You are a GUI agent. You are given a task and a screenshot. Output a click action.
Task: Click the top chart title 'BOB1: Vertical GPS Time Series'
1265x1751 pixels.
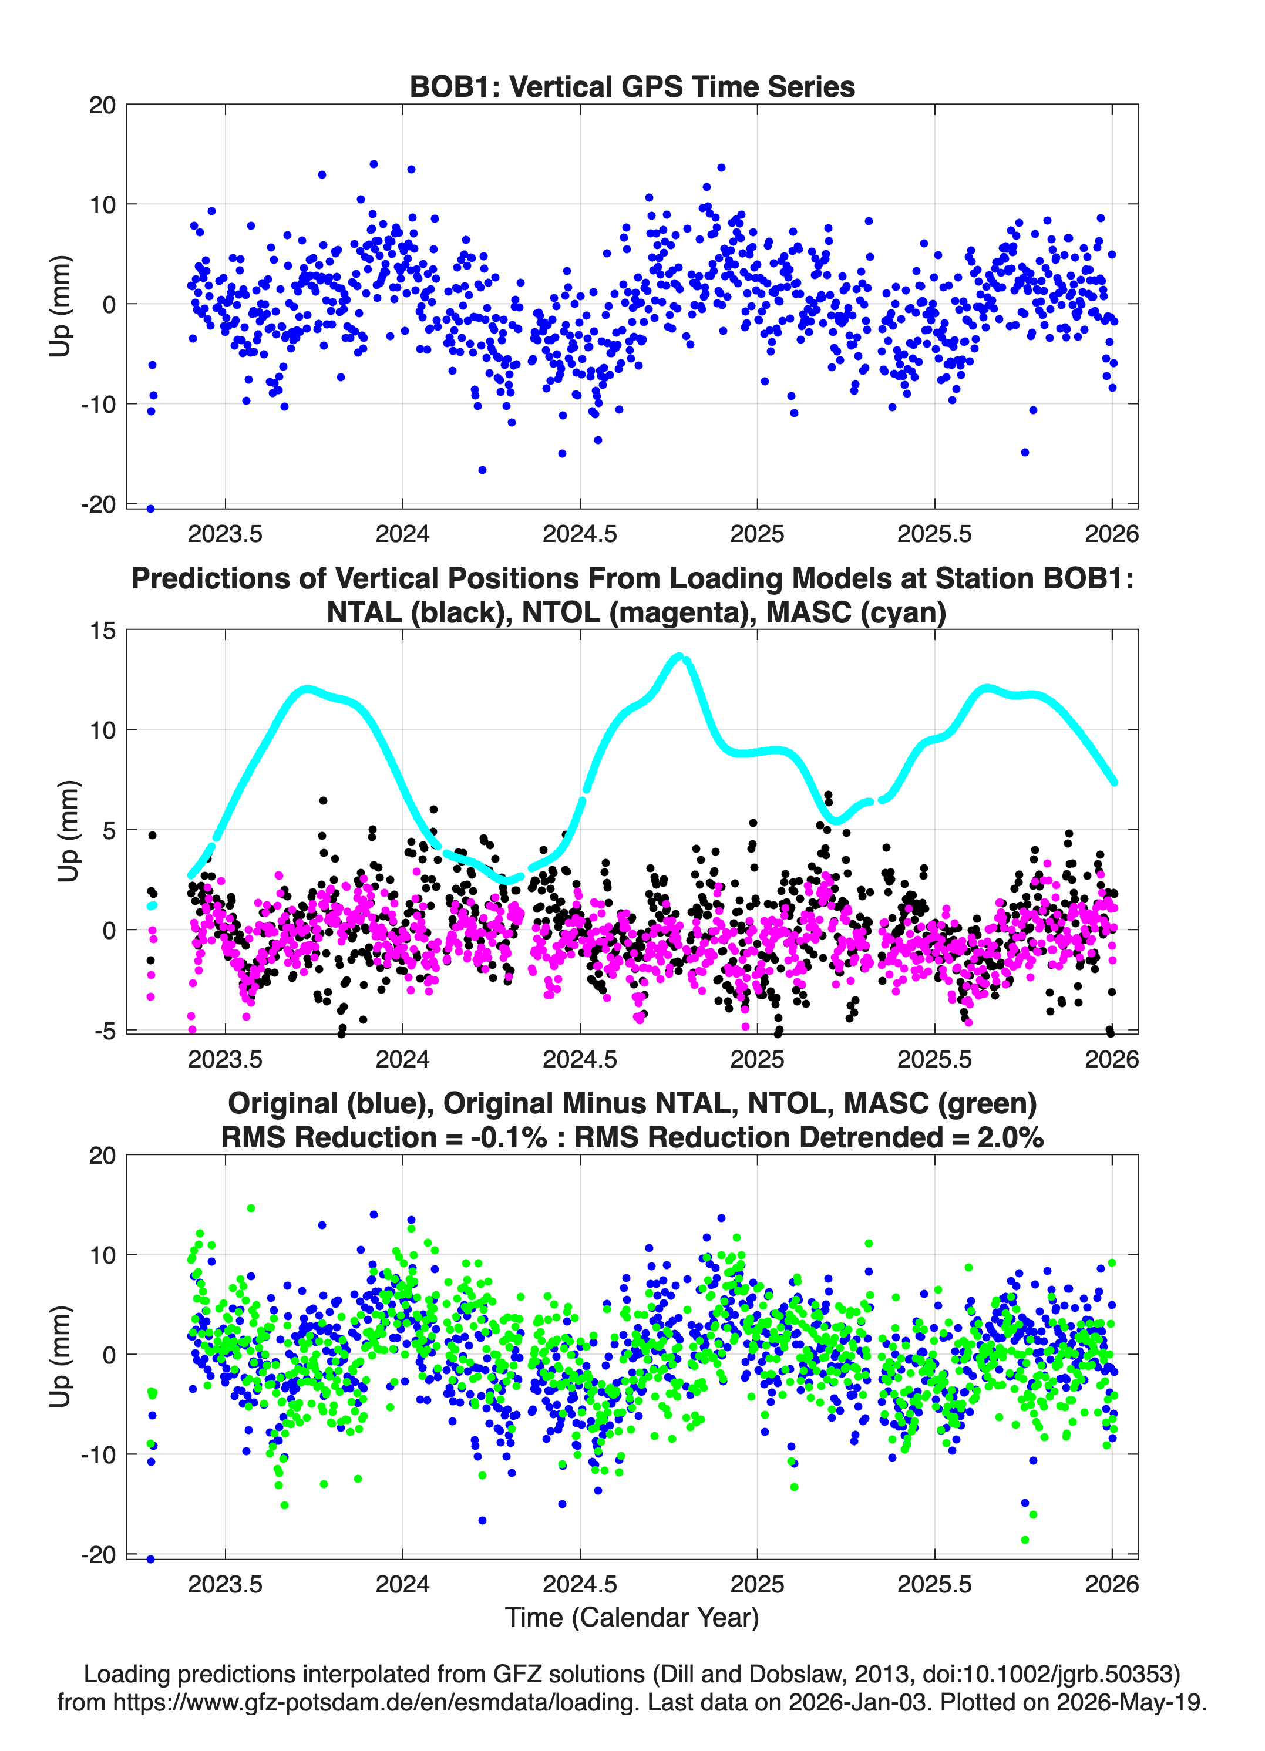tap(632, 86)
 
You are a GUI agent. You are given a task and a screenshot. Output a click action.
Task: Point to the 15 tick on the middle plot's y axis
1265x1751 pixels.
tap(103, 631)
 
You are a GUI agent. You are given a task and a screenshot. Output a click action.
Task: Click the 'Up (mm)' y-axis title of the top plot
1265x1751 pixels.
tap(60, 306)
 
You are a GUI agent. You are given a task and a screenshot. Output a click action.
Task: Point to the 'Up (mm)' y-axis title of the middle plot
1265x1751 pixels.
tap(68, 831)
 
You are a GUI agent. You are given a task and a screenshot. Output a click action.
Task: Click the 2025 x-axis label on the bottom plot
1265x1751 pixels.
tap(757, 1584)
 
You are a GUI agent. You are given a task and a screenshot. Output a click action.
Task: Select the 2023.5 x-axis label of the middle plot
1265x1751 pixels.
tap(225, 1059)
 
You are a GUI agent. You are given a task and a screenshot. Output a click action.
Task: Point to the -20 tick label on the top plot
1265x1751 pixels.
tap(99, 504)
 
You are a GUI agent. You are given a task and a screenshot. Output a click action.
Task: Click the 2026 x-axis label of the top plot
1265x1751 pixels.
tap(1112, 534)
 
